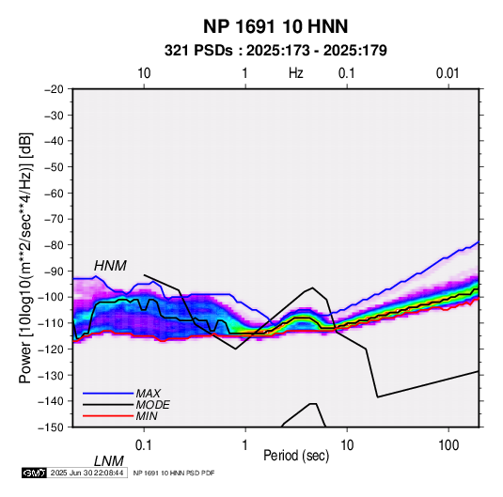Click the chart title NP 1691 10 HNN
275,26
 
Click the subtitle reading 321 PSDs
198,51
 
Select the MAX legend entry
149,393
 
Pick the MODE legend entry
152,405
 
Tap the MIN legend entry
147,416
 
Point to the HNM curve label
110,266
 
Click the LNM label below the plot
108,461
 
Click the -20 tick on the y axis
54,89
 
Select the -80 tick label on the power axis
54,245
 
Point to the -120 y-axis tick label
52,349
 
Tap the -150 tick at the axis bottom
52,427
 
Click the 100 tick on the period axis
448,445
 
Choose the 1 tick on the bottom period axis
245,445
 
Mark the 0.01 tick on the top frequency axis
448,73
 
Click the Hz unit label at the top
296,73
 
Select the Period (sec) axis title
296,456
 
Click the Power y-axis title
25,257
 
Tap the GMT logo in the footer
35,473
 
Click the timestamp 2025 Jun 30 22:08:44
86,473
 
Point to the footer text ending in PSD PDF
174,473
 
